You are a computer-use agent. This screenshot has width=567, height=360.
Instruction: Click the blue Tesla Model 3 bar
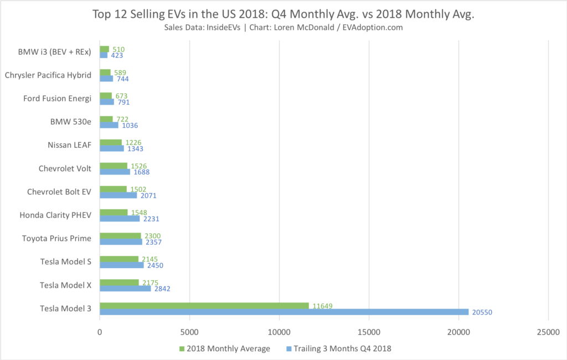[x=284, y=312]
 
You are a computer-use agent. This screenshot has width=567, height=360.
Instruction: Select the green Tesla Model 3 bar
[x=204, y=306]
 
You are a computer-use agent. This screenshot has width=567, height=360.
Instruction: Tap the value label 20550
[x=482, y=312]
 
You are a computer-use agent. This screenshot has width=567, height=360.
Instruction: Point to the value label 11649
[x=322, y=306]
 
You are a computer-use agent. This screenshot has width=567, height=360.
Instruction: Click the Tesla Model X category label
[x=65, y=285]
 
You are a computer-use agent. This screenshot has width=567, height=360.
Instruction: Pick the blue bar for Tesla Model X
[x=125, y=288]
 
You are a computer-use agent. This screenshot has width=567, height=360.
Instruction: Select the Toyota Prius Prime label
[x=56, y=238]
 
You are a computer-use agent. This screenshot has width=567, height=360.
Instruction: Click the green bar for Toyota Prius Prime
[x=121, y=236]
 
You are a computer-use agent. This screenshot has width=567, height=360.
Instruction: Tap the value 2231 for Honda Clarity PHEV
[x=151, y=219]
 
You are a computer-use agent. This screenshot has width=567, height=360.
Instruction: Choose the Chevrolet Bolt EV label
[x=59, y=192]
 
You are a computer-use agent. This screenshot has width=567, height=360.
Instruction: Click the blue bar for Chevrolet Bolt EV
[x=118, y=195]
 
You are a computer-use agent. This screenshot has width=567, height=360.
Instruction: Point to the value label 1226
[x=133, y=142]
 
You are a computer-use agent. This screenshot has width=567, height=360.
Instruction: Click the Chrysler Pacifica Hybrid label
[x=48, y=75]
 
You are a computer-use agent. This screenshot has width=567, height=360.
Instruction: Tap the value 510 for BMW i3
[x=118, y=49]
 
